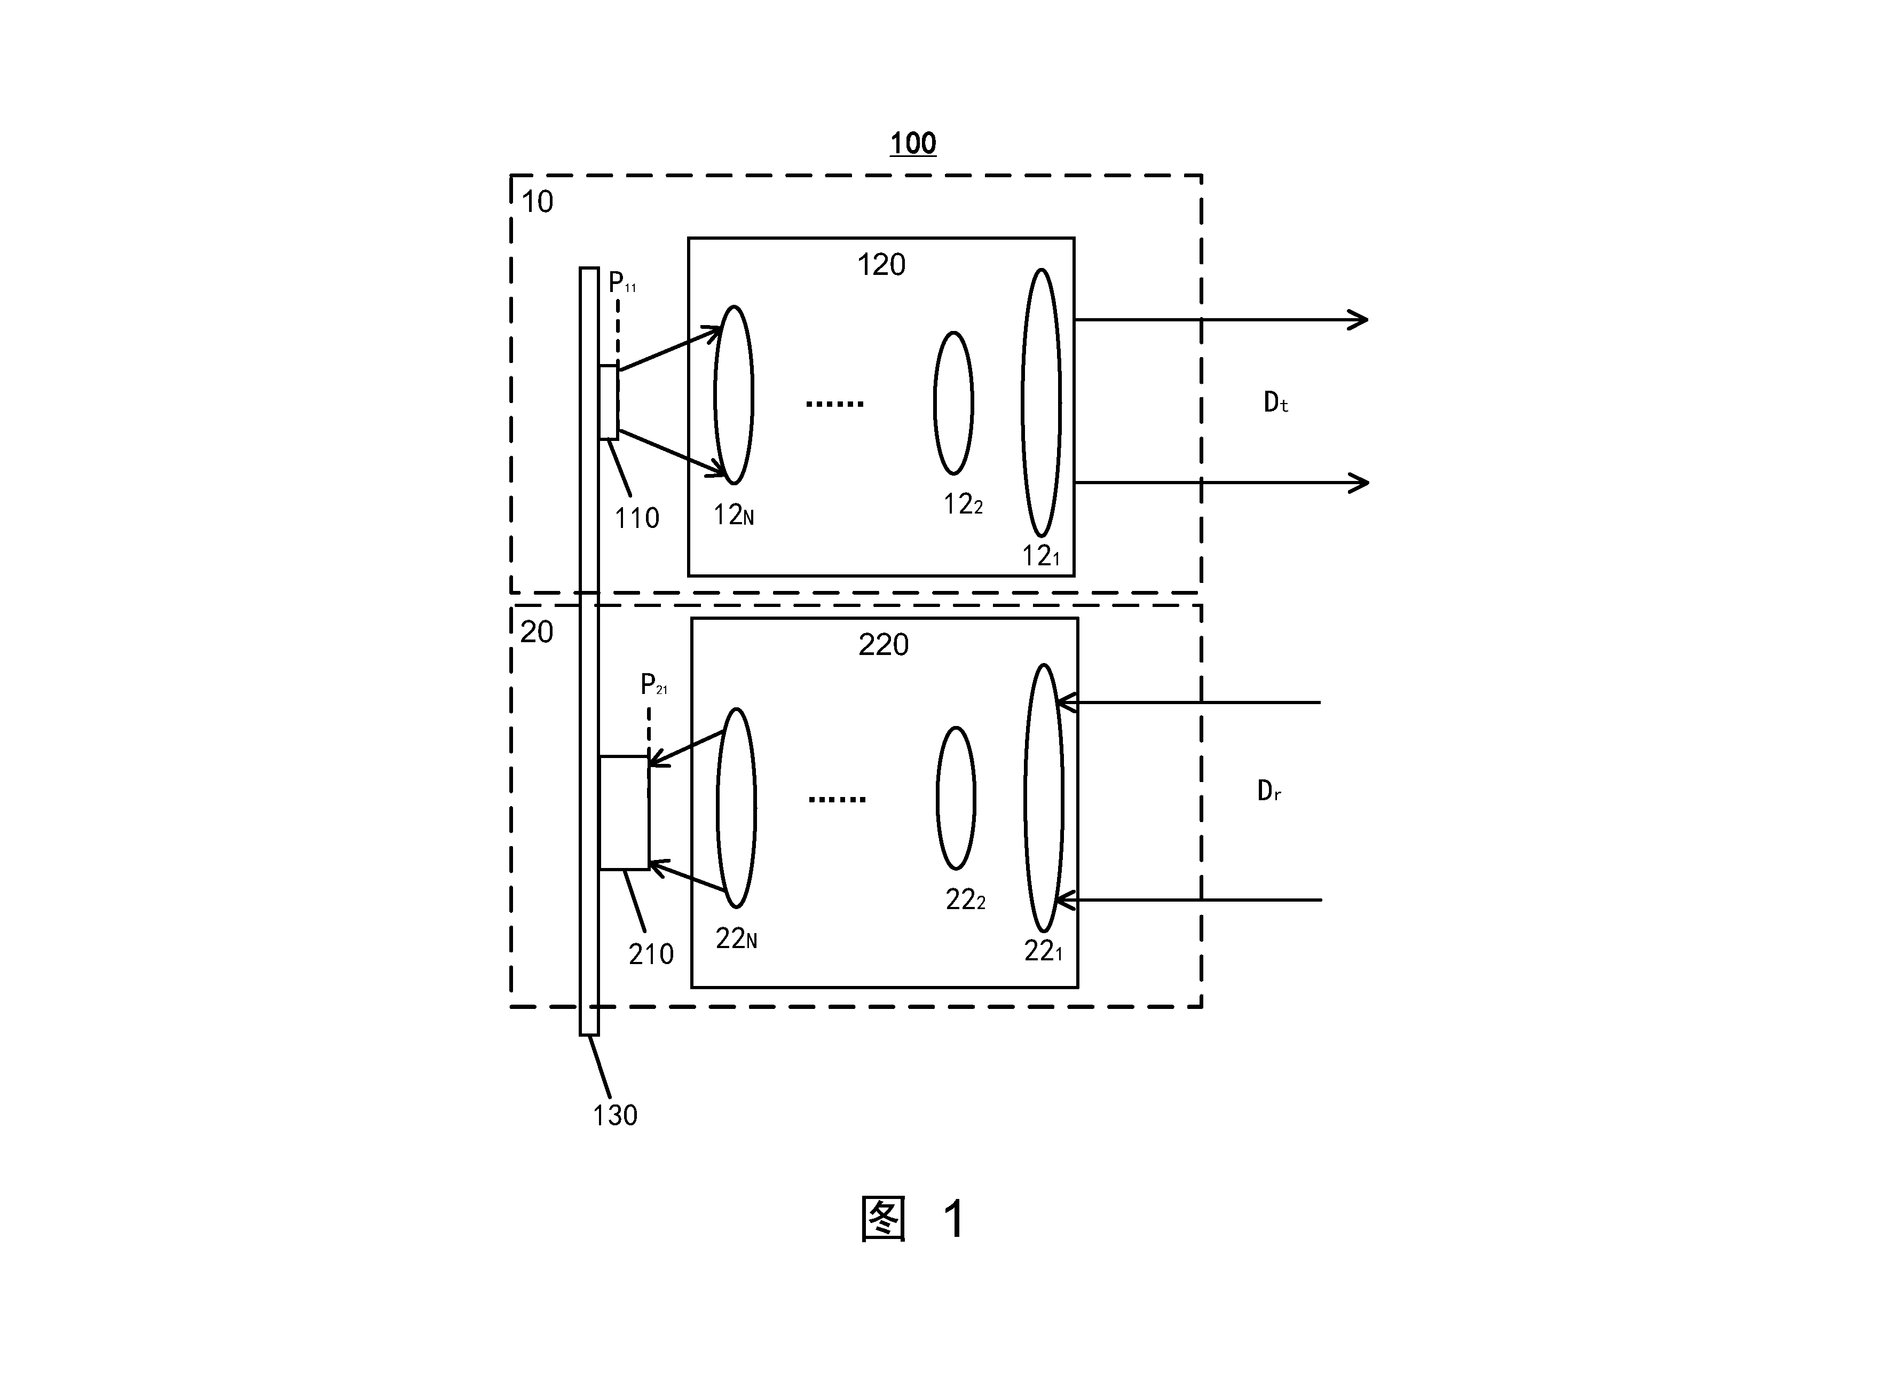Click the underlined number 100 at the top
click(x=912, y=144)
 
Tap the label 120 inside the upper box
click(x=881, y=265)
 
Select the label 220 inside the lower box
click(x=884, y=644)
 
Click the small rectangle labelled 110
click(x=609, y=402)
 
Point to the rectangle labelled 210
click(x=624, y=812)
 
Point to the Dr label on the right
click(x=1269, y=791)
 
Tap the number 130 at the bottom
click(x=616, y=1115)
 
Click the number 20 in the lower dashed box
click(x=537, y=632)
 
